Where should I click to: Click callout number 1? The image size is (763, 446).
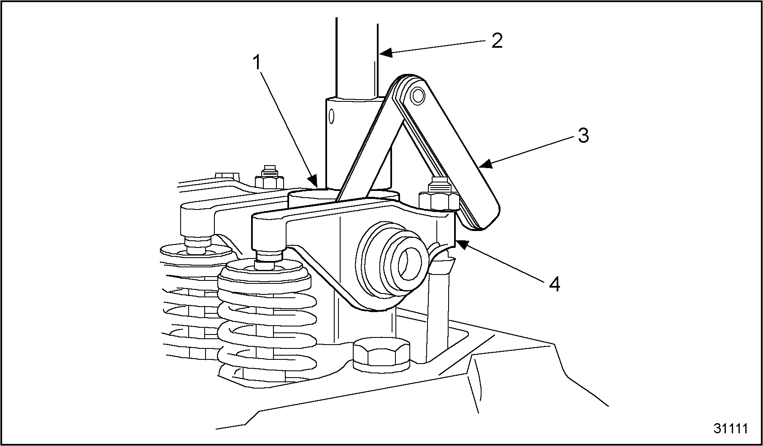(x=257, y=63)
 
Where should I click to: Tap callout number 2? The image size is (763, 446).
(x=497, y=41)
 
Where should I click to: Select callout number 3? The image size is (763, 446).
(x=583, y=136)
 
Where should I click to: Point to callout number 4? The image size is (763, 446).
(x=555, y=284)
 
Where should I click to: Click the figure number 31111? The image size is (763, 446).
(x=731, y=428)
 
